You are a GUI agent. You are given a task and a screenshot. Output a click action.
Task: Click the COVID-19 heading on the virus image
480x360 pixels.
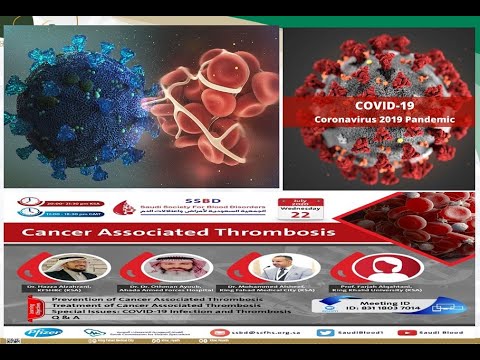(x=386, y=103)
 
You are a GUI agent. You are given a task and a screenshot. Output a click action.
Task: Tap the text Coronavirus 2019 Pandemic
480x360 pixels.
(x=386, y=119)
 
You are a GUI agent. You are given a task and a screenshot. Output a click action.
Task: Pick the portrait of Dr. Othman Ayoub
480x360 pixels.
(x=161, y=268)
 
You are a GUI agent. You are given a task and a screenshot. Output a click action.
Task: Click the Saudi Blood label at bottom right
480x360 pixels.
(x=444, y=331)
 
